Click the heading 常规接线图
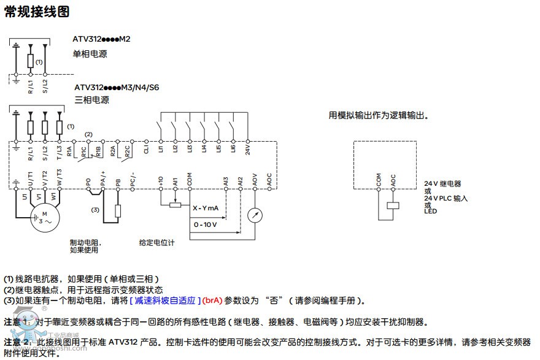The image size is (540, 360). [37, 12]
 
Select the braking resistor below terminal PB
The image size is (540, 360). [118, 211]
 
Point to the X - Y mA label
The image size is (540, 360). [206, 209]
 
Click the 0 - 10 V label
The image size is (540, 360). [206, 224]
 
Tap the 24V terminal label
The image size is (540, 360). [248, 148]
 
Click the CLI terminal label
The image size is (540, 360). [146, 148]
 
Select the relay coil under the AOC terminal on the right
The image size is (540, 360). [393, 206]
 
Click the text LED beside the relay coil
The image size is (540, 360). [431, 212]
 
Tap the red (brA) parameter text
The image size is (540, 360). [212, 301]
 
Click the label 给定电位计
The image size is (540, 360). [157, 243]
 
